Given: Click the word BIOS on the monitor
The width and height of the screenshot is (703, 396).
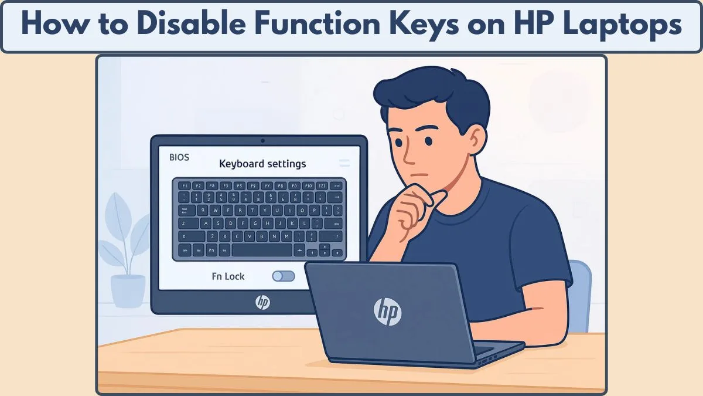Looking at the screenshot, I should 179,158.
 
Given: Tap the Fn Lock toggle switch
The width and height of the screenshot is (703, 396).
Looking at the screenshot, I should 284,276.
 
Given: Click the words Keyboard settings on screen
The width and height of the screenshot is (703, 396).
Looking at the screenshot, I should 262,164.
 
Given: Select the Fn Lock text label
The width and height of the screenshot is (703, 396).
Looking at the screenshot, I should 228,276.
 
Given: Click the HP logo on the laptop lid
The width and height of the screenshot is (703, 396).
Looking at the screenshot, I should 387,311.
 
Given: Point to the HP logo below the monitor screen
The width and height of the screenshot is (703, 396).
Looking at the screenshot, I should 262,302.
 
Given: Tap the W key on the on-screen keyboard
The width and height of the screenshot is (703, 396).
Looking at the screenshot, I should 216,210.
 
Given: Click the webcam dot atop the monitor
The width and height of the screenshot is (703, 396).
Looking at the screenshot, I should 262,141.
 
